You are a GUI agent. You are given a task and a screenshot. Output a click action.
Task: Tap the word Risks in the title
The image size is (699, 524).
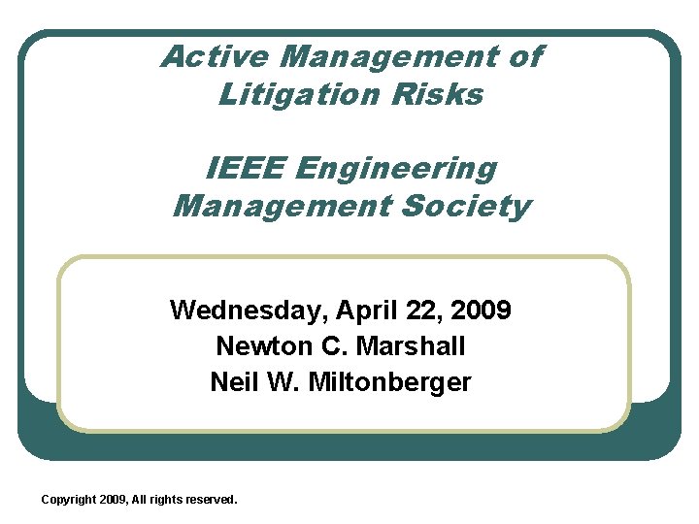pos(447,94)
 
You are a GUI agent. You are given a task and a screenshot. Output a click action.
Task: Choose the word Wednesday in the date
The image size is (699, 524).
pos(249,311)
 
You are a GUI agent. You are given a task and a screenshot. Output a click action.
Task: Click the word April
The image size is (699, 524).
pos(367,311)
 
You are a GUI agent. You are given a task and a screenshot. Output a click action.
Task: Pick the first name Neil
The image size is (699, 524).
pos(231,381)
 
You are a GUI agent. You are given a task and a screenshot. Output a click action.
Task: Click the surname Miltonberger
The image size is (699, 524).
pos(389,381)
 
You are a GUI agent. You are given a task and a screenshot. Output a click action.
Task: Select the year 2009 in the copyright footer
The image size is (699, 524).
pos(114,499)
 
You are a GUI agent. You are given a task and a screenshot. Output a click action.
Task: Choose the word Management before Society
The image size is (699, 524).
pos(277,206)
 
